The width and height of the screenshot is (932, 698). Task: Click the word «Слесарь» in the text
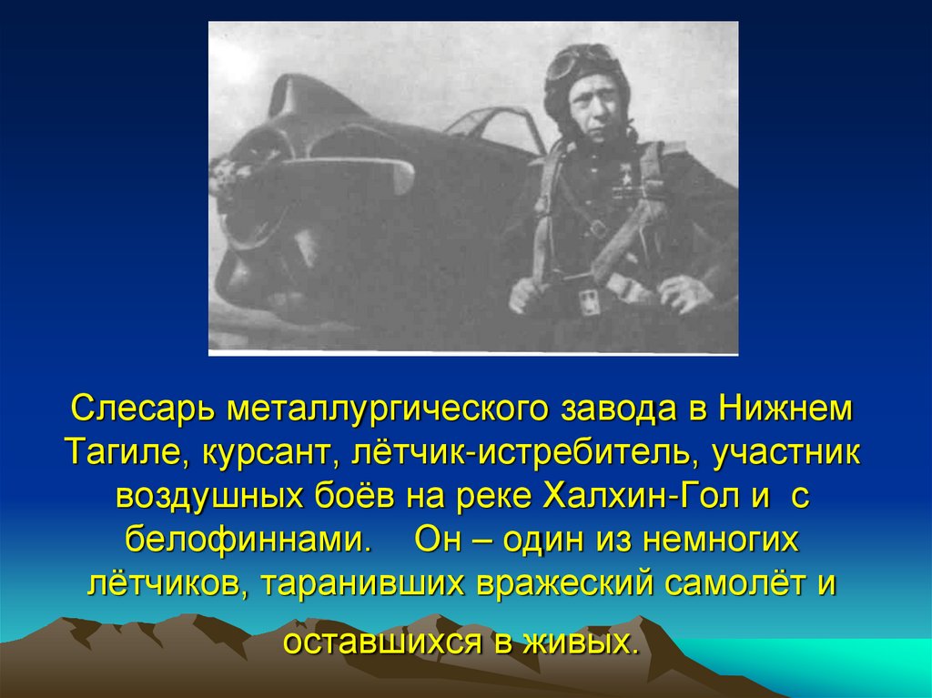[x=137, y=408]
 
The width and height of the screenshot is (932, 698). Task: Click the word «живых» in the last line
[x=577, y=642]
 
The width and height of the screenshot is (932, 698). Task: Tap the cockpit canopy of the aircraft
[x=491, y=127]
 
